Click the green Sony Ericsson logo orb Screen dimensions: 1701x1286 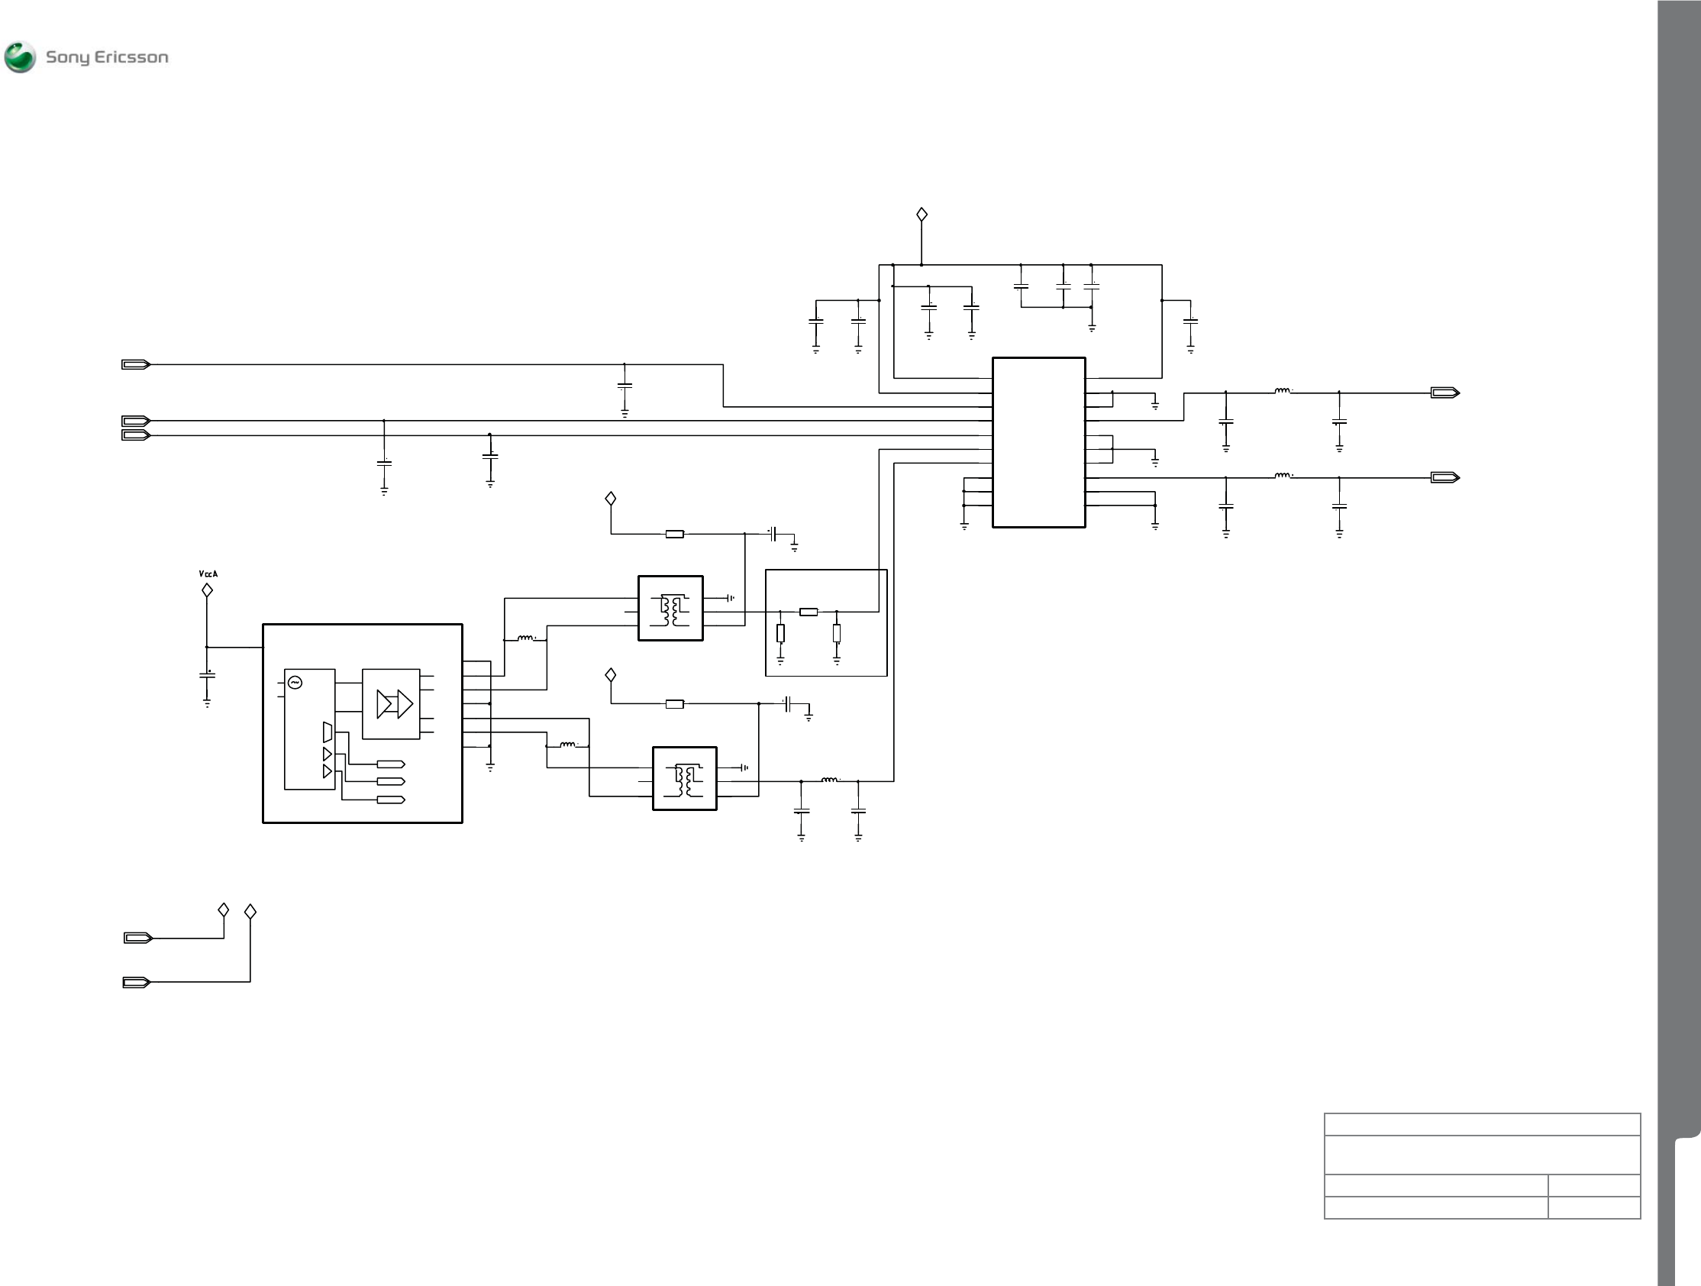pyautogui.click(x=20, y=57)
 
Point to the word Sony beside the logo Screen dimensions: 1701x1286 pyautogui.click(x=68, y=58)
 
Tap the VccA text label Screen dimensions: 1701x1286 pyautogui.click(x=208, y=574)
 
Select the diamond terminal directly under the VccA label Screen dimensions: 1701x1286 pyautogui.click(x=207, y=590)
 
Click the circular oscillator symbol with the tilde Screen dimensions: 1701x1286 pyautogui.click(x=294, y=682)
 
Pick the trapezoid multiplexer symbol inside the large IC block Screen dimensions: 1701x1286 pyautogui.click(x=328, y=731)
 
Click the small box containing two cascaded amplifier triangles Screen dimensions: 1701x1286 pyautogui.click(x=391, y=704)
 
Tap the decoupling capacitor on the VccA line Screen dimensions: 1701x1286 pyautogui.click(x=207, y=675)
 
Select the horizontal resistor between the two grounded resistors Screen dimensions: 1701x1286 pyautogui.click(x=809, y=612)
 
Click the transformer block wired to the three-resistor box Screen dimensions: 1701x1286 pyautogui.click(x=670, y=608)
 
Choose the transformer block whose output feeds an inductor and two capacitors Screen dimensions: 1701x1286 pyautogui.click(x=684, y=777)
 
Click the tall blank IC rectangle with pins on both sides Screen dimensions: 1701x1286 pyautogui.click(x=1038, y=442)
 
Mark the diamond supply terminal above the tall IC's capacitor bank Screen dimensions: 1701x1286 pyautogui.click(x=922, y=215)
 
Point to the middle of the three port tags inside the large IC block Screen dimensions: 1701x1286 pyautogui.click(x=391, y=781)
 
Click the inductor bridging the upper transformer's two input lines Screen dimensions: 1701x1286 pyautogui.click(x=526, y=638)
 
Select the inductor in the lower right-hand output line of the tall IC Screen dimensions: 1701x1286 pyautogui.click(x=1283, y=476)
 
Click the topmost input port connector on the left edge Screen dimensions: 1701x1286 pyautogui.click(x=136, y=364)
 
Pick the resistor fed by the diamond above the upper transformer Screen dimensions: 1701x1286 pyautogui.click(x=674, y=534)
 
